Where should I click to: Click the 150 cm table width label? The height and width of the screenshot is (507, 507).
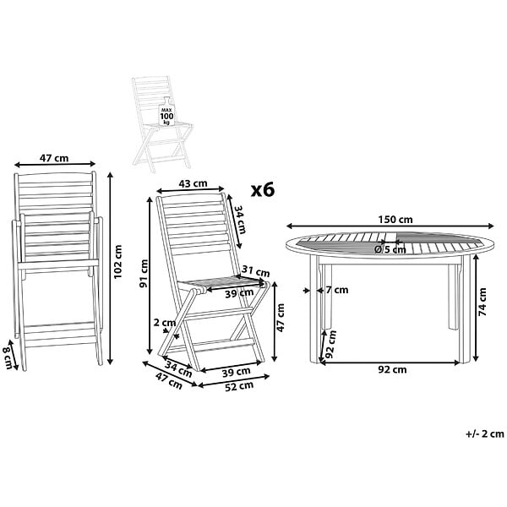[x=395, y=220]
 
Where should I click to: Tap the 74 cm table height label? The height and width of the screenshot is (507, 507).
[x=482, y=302]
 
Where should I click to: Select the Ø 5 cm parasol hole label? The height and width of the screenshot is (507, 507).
[x=390, y=249]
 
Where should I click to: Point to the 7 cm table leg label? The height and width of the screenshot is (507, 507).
[x=337, y=290]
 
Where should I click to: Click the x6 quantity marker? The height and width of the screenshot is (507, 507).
[x=263, y=190]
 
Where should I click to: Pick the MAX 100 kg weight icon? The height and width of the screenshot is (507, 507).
[x=166, y=112]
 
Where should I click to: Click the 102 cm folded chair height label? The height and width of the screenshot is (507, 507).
[x=117, y=262]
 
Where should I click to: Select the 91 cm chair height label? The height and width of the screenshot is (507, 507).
[x=144, y=274]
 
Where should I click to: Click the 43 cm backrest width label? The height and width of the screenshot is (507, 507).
[x=193, y=183]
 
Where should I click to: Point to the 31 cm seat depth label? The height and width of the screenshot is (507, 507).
[x=256, y=271]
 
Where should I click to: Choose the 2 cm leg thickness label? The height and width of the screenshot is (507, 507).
[x=165, y=323]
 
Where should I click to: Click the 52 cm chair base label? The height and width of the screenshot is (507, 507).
[x=239, y=386]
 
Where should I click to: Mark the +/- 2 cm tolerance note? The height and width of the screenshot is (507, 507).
[x=485, y=434]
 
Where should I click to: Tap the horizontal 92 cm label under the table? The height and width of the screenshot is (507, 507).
[x=392, y=369]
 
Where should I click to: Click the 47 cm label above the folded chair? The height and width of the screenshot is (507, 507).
[x=54, y=158]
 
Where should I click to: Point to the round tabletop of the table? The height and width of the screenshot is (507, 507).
[x=390, y=245]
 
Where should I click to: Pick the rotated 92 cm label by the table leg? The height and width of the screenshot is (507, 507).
[x=330, y=344]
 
